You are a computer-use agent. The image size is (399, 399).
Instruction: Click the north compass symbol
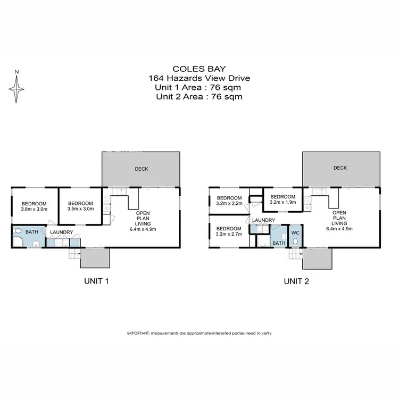point(18,88)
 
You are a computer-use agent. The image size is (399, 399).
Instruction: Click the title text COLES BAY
point(199,69)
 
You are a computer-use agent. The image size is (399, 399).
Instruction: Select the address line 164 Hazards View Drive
point(199,78)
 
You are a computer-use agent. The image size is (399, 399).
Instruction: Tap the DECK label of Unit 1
point(142,169)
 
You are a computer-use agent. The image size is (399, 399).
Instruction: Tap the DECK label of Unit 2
point(340,168)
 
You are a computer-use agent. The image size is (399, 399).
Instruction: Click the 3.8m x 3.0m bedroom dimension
point(34,210)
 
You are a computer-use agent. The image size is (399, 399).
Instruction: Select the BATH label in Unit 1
point(31,232)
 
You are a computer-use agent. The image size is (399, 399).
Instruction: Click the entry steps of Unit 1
point(73,256)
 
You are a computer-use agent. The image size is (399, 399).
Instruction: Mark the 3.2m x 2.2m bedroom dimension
point(229,203)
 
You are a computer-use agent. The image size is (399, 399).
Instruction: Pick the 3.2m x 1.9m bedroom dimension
point(282,202)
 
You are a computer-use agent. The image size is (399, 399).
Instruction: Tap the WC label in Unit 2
point(295,232)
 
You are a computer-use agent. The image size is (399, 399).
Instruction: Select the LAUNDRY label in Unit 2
point(263,220)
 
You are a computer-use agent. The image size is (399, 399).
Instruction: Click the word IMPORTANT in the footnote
point(138,332)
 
